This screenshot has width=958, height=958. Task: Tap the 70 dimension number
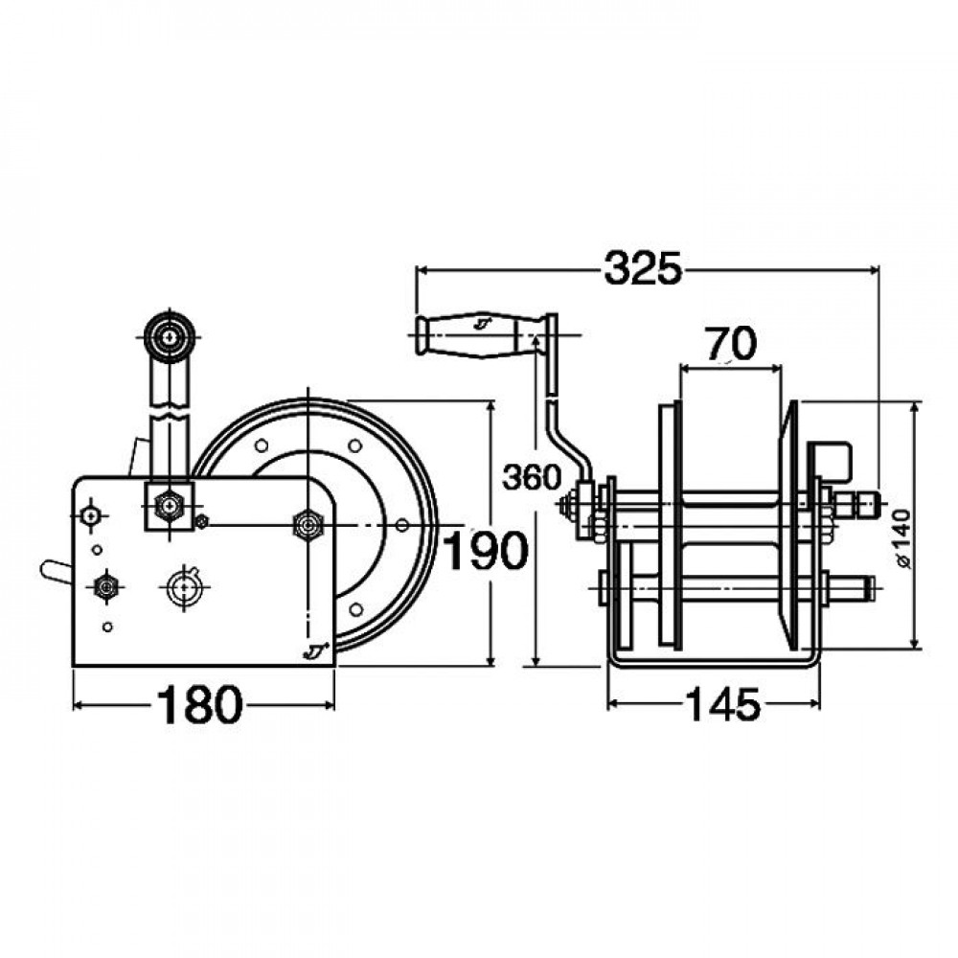tap(731, 343)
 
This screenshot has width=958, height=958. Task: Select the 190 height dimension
tap(485, 550)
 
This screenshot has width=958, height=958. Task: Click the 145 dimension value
tap(723, 704)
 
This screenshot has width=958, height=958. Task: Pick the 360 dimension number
tap(531, 477)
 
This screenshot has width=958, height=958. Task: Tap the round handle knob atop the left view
tap(169, 336)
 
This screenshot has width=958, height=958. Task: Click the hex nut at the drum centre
tap(308, 524)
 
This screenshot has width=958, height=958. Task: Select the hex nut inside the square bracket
tap(170, 506)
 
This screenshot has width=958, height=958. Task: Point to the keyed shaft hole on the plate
tap(184, 586)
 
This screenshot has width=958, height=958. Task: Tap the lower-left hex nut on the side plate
tap(107, 587)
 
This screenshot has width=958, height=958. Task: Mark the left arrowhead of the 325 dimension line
tap(422, 268)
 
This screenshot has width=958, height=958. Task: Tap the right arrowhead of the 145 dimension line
tap(814, 704)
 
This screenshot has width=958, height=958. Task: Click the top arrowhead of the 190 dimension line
tap(490, 407)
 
